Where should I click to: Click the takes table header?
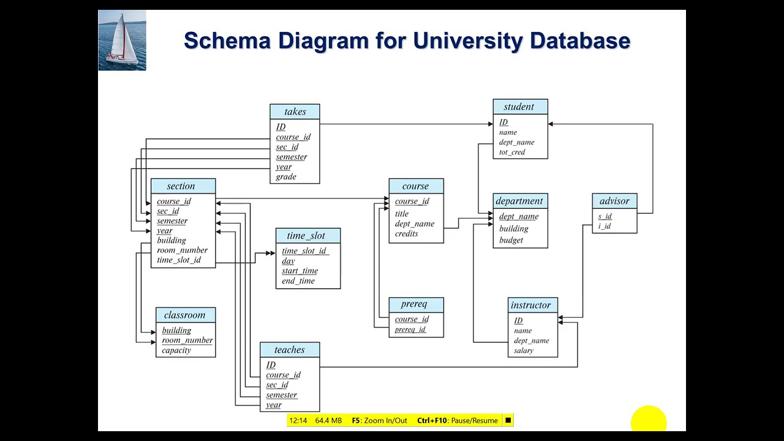pyautogui.click(x=295, y=111)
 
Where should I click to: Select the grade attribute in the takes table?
pyautogui.click(x=286, y=177)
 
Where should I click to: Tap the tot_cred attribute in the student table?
pyautogui.click(x=512, y=152)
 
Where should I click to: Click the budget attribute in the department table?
pyautogui.click(x=511, y=240)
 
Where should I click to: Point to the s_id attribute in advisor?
pyautogui.click(x=605, y=216)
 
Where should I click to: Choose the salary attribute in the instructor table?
pyautogui.click(x=524, y=350)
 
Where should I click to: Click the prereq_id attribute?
pyautogui.click(x=410, y=329)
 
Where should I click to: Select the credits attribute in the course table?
pyautogui.click(x=406, y=233)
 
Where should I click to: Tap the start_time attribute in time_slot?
pyautogui.click(x=300, y=271)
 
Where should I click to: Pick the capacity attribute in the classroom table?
pyautogui.click(x=176, y=350)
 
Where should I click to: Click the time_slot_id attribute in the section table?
pyautogui.click(x=179, y=260)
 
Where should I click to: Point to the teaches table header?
pyautogui.click(x=290, y=350)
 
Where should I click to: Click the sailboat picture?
pyautogui.click(x=122, y=40)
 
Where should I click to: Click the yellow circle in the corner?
pyautogui.click(x=649, y=418)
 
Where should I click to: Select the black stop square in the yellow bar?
pyautogui.click(x=508, y=420)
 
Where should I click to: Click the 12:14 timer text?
pyautogui.click(x=298, y=420)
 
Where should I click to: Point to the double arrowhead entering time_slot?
pyautogui.click(x=270, y=253)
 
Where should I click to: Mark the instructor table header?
pyautogui.click(x=533, y=305)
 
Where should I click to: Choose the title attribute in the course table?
pyautogui.click(x=402, y=214)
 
